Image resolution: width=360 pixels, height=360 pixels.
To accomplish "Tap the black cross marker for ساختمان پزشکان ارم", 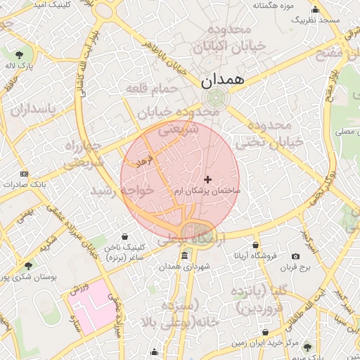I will click(207, 180).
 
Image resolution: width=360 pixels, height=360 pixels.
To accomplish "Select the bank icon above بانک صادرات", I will click(25, 174).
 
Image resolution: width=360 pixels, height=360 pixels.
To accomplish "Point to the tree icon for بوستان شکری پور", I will click(27, 266).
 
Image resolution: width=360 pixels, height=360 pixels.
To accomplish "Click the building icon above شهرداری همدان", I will click(184, 255).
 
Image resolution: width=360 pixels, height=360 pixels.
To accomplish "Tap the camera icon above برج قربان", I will click(295, 256).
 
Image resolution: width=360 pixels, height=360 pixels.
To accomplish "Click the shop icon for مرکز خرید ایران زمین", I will click(265, 332).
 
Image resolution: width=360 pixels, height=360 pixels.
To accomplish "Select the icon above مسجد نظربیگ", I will click(314, 10).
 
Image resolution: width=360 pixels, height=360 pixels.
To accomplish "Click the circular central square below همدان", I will click(215, 98).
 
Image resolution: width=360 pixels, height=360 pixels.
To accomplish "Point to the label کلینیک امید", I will click(57, 4).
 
